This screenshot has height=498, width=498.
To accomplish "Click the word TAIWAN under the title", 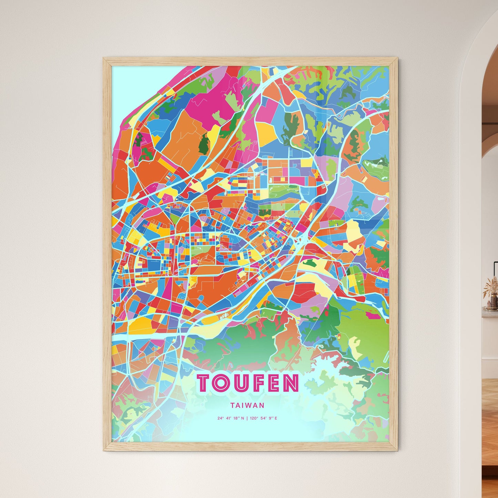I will pyautogui.click(x=248, y=405).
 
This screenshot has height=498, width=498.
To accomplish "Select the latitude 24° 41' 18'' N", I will pyautogui.click(x=231, y=418).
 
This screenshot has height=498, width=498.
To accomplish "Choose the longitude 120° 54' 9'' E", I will pyautogui.click(x=263, y=418).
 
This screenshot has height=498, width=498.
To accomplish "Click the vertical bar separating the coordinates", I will pyautogui.click(x=247, y=418).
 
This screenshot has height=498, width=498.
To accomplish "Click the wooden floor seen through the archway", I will pyautogui.click(x=489, y=431).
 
